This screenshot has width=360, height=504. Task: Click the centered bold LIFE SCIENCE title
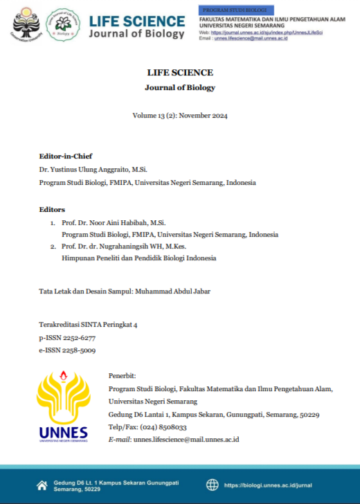click(x=180, y=73)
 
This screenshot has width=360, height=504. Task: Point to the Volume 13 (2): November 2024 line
click(x=180, y=116)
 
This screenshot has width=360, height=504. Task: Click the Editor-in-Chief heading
click(x=66, y=156)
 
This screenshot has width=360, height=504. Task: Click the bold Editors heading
click(x=52, y=209)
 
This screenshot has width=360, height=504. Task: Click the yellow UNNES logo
click(x=64, y=407)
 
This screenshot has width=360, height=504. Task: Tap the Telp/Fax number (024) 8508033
click(x=163, y=427)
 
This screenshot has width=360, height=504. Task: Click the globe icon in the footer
click(x=213, y=485)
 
